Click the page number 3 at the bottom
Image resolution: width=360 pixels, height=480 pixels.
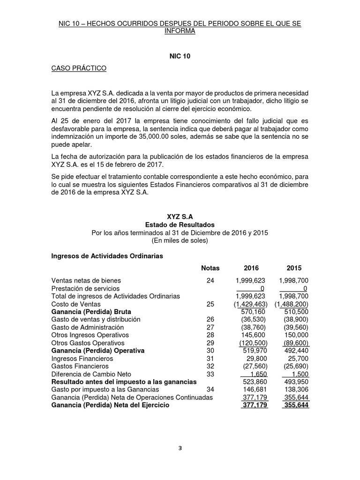[x=180, y=448]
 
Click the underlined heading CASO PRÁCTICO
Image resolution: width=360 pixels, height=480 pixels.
[x=79, y=69]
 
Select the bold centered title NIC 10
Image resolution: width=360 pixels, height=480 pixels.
[x=180, y=56]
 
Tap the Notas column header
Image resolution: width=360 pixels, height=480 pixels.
[x=210, y=268]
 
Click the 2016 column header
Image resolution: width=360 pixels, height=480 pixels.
[x=251, y=268]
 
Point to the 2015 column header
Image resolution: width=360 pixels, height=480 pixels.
[x=294, y=268]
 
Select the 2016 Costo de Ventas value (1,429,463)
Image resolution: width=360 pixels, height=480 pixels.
[x=251, y=304]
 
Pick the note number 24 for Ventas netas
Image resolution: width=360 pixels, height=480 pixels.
[x=210, y=281]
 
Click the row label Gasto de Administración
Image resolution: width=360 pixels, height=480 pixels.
[x=88, y=327]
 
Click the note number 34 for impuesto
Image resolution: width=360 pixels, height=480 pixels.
[x=210, y=390]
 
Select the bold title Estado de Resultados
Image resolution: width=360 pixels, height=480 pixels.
[x=180, y=225]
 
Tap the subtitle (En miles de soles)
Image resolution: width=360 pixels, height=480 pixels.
[x=180, y=240]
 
